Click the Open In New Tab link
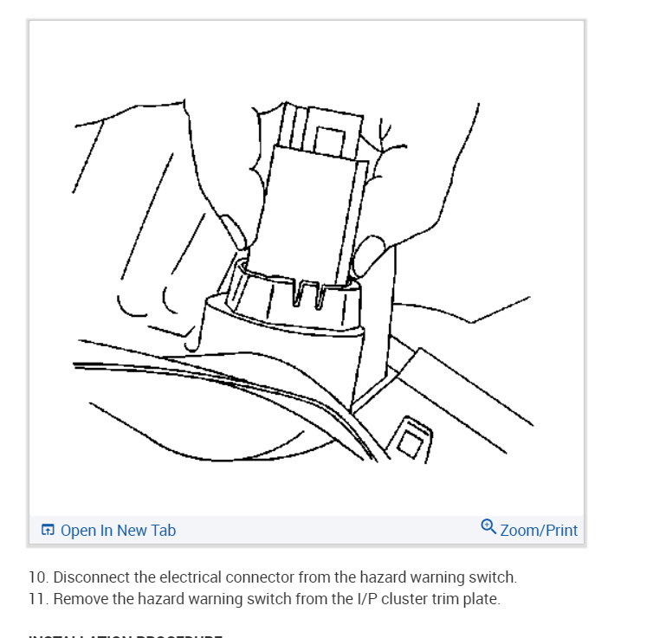[x=117, y=531]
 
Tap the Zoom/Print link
[x=538, y=530]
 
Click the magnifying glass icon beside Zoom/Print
[x=488, y=527]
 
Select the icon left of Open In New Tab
[x=48, y=531]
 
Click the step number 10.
[x=36, y=577]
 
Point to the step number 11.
[x=36, y=598]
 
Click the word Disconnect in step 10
[x=91, y=577]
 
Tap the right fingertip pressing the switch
[x=371, y=253]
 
